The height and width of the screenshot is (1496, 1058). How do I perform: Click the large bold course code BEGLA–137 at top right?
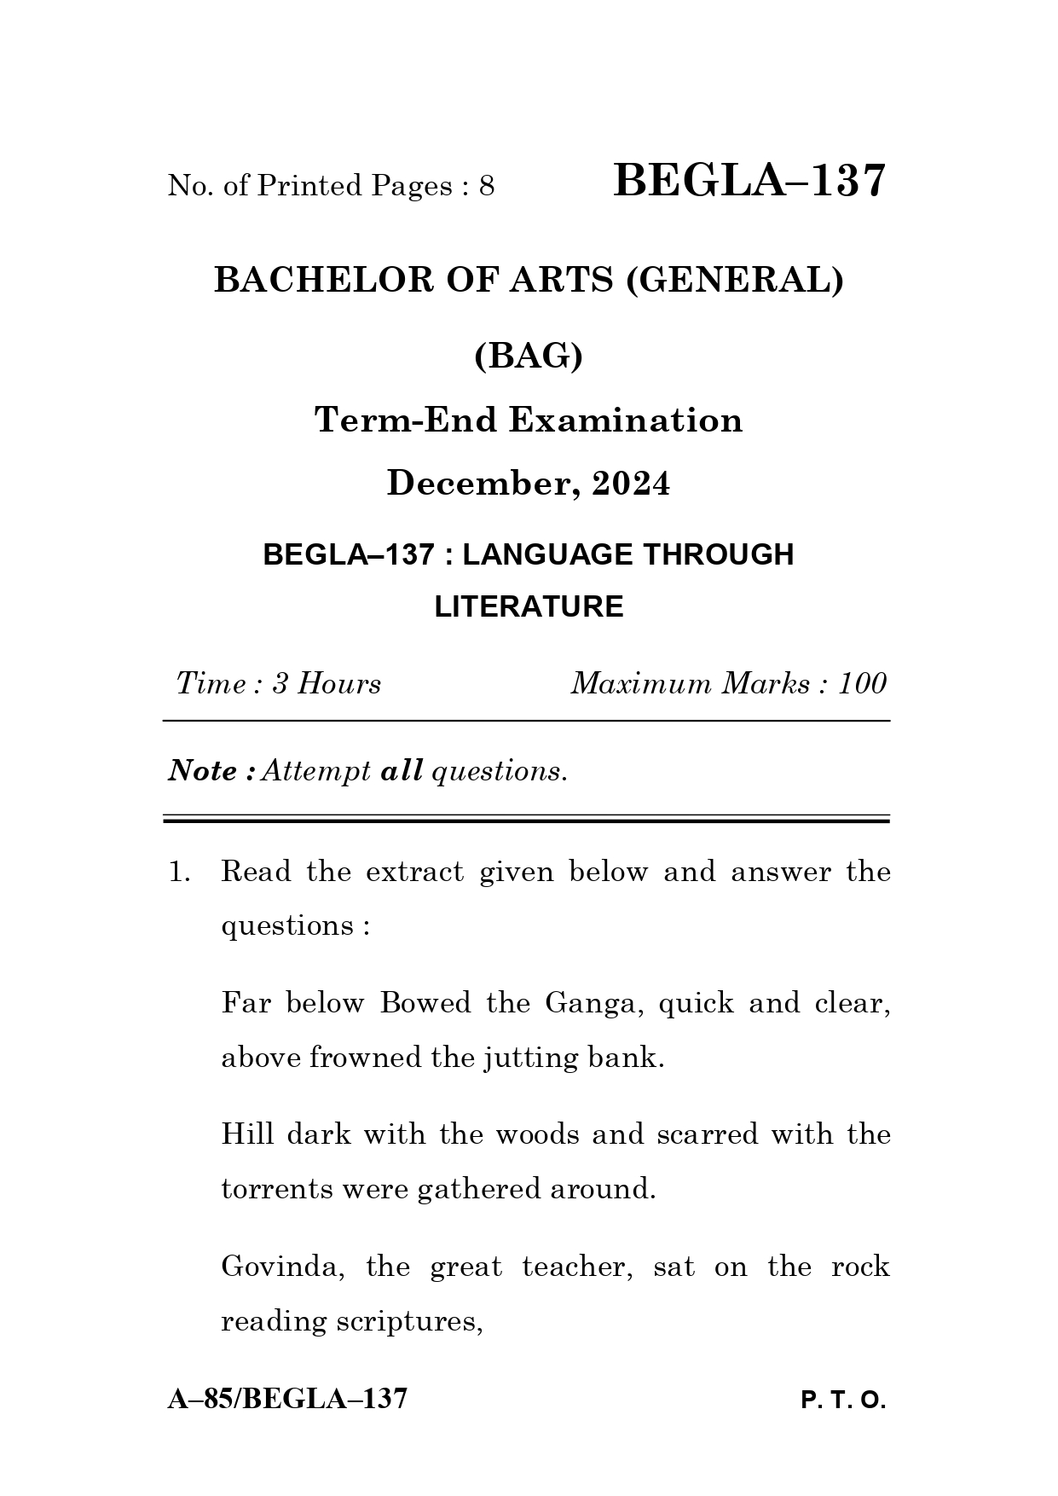pyautogui.click(x=749, y=182)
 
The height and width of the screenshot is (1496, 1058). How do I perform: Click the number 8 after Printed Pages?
pyautogui.click(x=487, y=186)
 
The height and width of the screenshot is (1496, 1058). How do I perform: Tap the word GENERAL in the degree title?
pyautogui.click(x=734, y=280)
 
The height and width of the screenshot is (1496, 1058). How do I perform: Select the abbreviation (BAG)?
pyautogui.click(x=529, y=355)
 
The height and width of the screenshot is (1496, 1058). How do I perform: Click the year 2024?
pyautogui.click(x=631, y=483)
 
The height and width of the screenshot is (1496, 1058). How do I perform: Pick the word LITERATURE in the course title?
pyautogui.click(x=529, y=606)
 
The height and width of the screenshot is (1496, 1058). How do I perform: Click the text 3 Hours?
pyautogui.click(x=326, y=684)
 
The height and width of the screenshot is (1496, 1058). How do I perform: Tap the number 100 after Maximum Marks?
pyautogui.click(x=863, y=684)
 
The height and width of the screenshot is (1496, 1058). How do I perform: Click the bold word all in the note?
pyautogui.click(x=402, y=771)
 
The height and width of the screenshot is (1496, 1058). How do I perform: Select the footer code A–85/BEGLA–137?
pyautogui.click(x=287, y=1399)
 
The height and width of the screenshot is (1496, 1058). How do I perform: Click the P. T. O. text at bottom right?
pyautogui.click(x=843, y=1400)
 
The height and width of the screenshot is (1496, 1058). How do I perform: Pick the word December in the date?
pyautogui.click(x=479, y=483)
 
